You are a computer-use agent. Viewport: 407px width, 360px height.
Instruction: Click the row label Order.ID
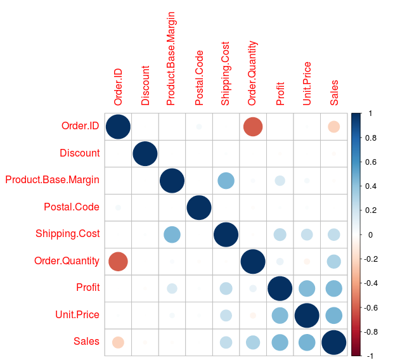(80, 126)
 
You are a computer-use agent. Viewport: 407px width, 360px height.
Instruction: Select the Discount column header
(145, 85)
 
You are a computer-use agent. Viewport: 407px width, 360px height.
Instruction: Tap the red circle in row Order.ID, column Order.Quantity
(253, 127)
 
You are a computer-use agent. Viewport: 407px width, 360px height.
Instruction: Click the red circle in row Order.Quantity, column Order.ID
(118, 261)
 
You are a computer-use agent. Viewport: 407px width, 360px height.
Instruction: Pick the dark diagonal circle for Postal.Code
(199, 207)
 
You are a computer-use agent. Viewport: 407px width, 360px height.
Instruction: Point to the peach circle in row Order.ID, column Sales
(334, 127)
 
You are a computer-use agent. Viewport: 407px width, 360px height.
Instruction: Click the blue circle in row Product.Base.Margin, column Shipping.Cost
(226, 181)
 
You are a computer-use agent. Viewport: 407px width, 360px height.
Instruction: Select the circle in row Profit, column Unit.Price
(307, 288)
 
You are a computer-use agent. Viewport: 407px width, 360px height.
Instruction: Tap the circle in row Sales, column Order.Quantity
(253, 342)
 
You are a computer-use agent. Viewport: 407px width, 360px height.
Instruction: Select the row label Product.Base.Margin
(52, 180)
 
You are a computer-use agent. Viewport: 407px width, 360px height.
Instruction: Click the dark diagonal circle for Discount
(145, 153)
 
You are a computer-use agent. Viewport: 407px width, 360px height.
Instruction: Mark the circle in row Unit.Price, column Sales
(334, 315)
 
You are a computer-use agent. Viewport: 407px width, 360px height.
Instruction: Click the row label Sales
(86, 342)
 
